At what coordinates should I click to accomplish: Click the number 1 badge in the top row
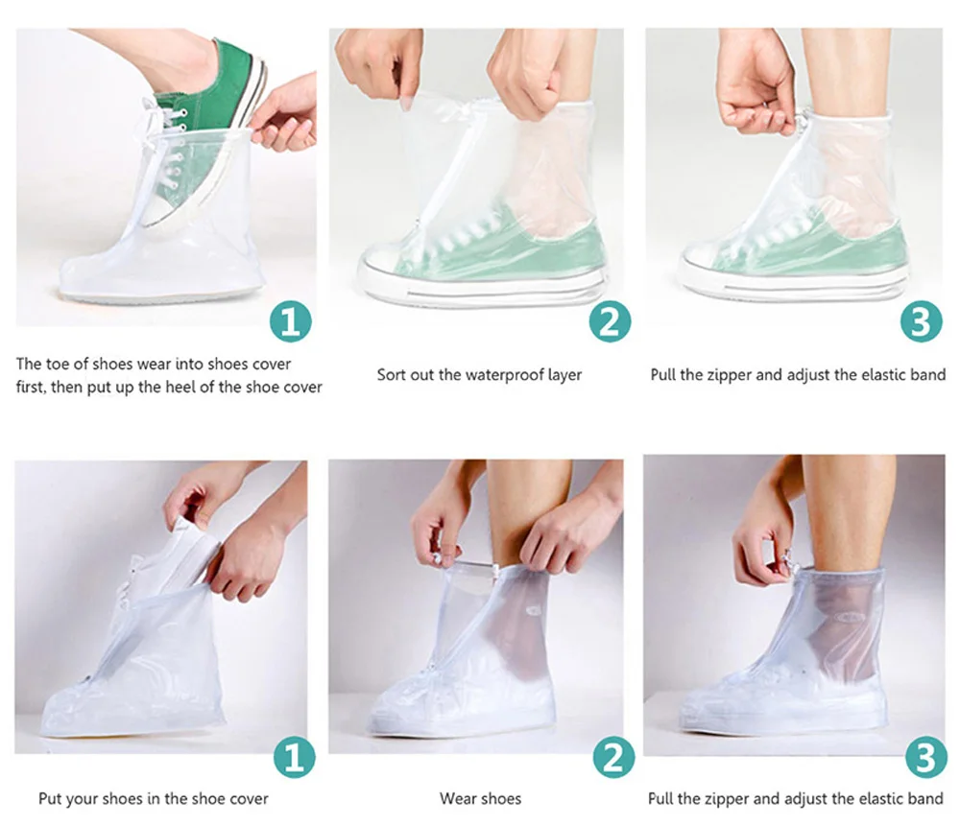pyautogui.click(x=291, y=320)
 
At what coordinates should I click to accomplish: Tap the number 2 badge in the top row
pyautogui.click(x=610, y=320)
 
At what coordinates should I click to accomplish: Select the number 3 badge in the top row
pyautogui.click(x=921, y=320)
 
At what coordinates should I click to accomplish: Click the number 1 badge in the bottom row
pyautogui.click(x=294, y=757)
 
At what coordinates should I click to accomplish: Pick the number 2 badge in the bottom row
pyautogui.click(x=613, y=757)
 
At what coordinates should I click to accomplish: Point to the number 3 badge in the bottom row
pyautogui.click(x=925, y=757)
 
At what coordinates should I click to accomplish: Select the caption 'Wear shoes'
pyautogui.click(x=481, y=798)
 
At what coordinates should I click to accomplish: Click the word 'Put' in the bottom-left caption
pyautogui.click(x=50, y=798)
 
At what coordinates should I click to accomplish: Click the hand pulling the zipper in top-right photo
pyautogui.click(x=756, y=92)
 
